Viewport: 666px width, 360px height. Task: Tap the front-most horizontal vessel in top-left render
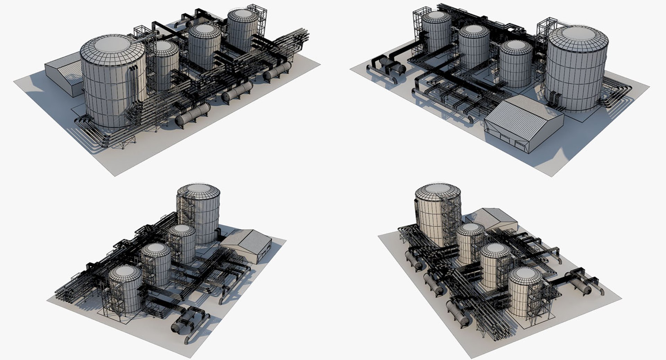[193, 115]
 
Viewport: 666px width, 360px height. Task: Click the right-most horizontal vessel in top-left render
[277, 71]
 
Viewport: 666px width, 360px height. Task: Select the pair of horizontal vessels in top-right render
[392, 66]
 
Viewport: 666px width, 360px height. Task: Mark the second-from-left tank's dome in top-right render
[474, 31]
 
